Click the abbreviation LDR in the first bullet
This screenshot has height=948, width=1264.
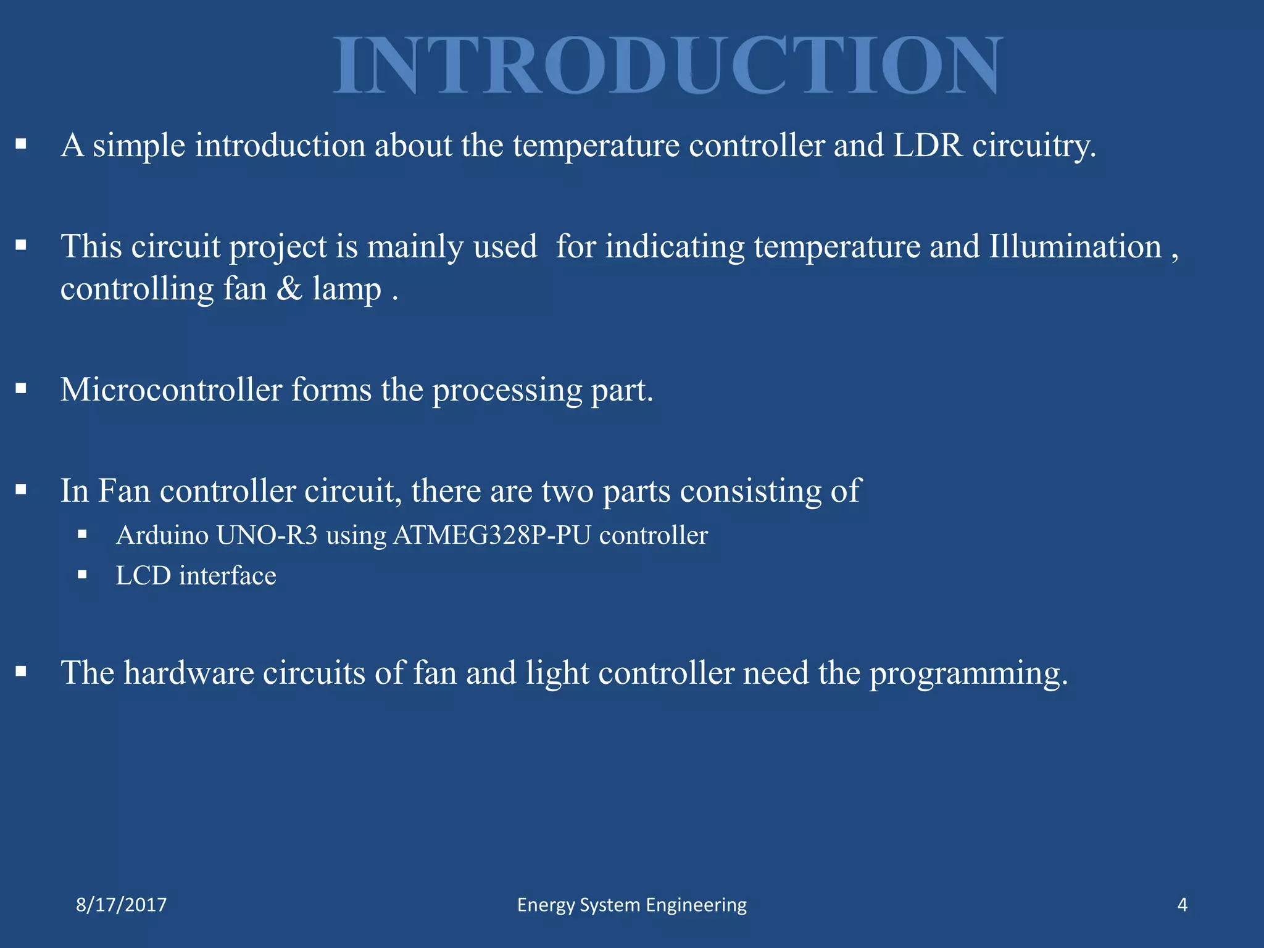click(928, 146)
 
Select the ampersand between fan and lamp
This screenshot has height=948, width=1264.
click(289, 289)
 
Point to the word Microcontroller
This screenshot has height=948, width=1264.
click(171, 390)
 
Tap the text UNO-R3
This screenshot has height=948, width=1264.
click(267, 535)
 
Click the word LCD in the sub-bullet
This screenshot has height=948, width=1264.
click(143, 576)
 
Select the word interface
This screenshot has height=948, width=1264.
click(228, 576)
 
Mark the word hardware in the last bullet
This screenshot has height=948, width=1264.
click(189, 673)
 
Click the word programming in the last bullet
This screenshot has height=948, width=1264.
click(968, 674)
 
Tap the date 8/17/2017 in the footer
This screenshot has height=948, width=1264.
click(121, 905)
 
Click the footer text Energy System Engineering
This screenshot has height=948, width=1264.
click(631, 905)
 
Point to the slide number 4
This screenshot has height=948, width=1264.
click(1182, 905)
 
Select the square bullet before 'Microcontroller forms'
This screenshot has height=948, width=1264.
click(22, 389)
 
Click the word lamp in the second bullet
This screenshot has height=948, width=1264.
click(347, 289)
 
